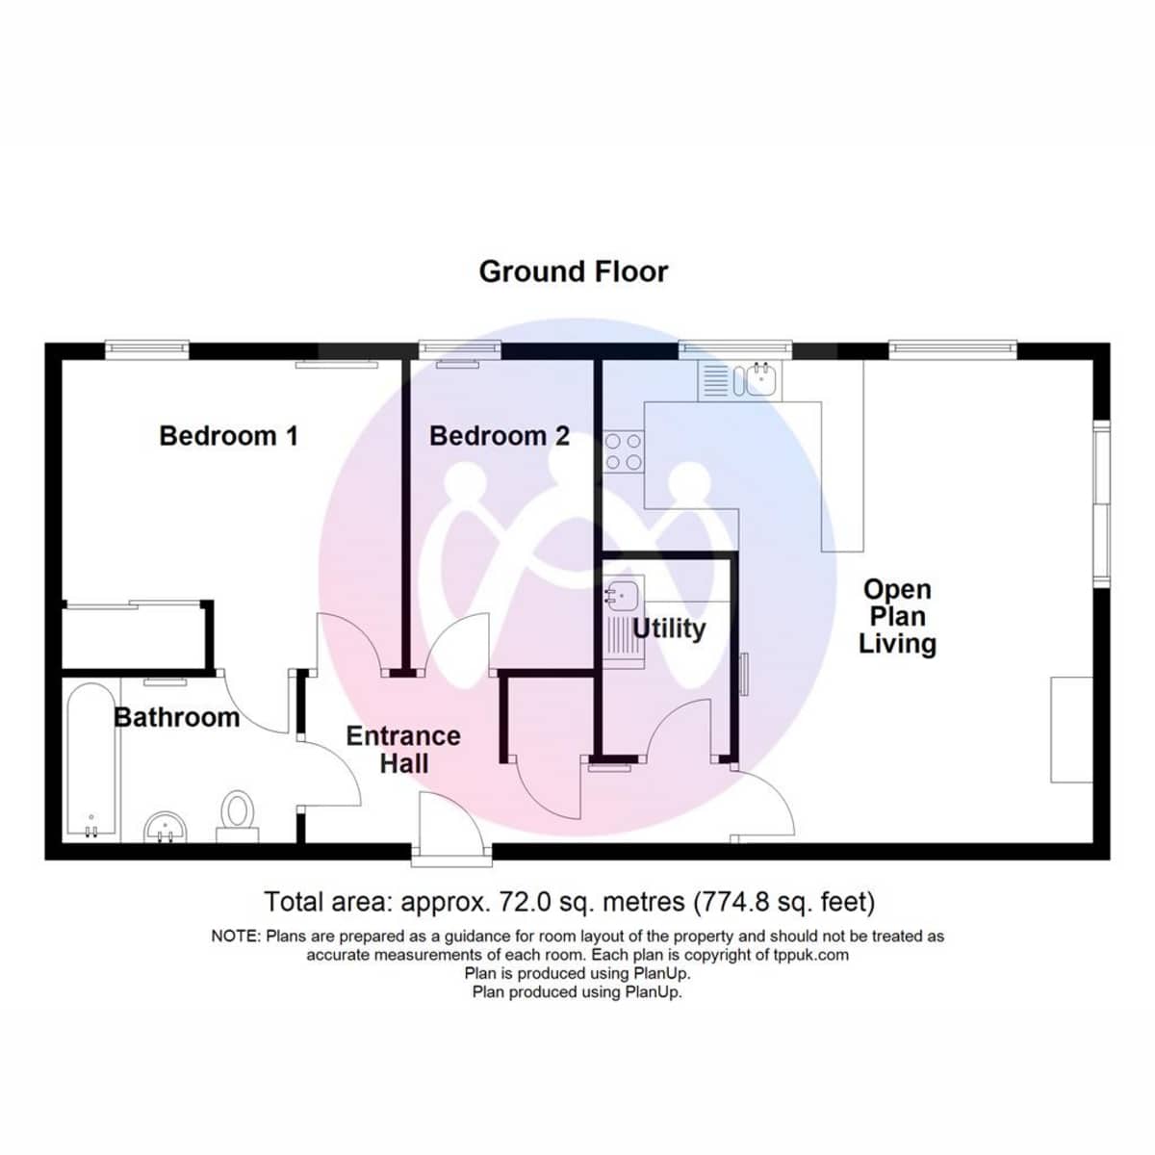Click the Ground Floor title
(573, 271)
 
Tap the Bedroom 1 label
(228, 436)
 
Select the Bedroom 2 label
(499, 436)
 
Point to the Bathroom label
(176, 717)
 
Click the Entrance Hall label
(403, 750)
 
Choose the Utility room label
(669, 629)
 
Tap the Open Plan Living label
(897, 616)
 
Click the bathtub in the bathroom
(92, 760)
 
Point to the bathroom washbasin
(167, 827)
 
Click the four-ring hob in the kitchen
(624, 451)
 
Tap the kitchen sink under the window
(757, 379)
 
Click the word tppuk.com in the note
(810, 955)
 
